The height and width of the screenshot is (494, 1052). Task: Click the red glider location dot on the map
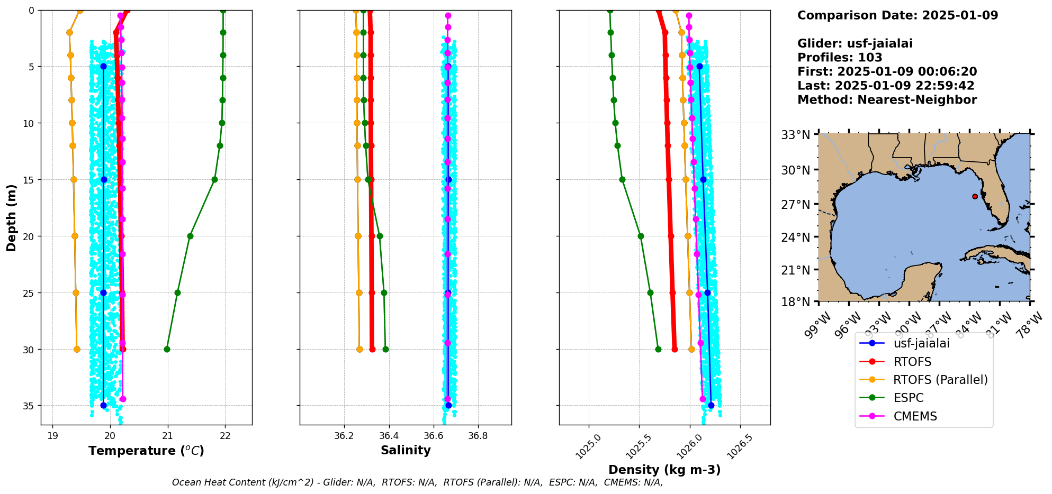(975, 196)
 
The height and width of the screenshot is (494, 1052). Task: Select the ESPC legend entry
(908, 398)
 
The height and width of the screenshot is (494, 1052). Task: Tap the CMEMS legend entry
(915, 416)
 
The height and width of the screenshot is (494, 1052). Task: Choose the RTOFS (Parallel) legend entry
(940, 380)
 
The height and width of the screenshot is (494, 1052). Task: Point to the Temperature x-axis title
(146, 451)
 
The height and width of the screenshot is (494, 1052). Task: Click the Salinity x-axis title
(406, 450)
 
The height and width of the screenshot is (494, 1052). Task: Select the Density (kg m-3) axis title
(664, 470)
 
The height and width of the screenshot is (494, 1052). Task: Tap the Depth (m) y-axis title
(12, 217)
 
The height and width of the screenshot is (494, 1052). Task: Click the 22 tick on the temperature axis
(225, 436)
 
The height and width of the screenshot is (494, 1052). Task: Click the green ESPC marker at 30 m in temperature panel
(167, 349)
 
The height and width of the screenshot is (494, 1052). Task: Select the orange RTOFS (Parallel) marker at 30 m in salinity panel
(359, 349)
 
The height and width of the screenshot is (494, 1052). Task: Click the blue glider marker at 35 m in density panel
(711, 406)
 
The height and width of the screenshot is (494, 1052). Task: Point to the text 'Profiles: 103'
(840, 58)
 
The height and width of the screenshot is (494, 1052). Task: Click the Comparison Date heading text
(897, 15)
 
